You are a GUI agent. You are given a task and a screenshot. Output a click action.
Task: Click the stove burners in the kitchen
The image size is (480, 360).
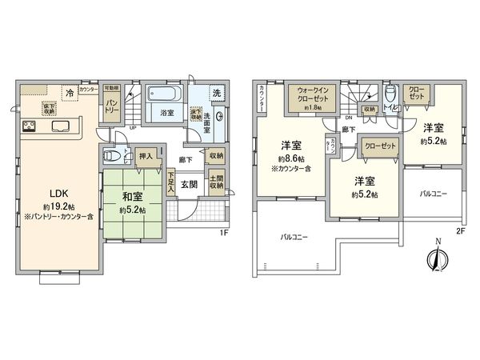coord(28,126)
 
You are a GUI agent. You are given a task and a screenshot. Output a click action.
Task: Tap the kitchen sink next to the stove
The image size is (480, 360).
coord(61,126)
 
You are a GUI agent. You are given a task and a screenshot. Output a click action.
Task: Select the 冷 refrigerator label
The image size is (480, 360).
coord(70,94)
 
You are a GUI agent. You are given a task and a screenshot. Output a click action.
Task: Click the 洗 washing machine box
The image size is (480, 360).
coord(216,92)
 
